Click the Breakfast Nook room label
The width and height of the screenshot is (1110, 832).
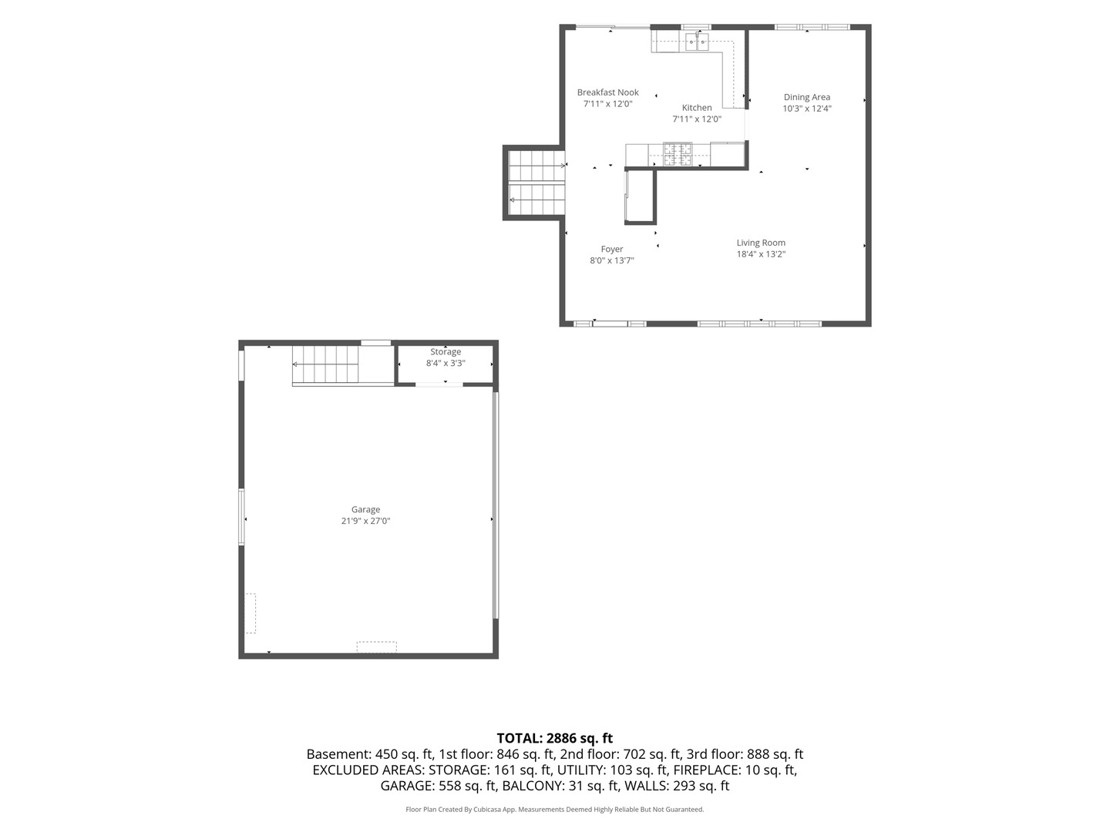point(608,92)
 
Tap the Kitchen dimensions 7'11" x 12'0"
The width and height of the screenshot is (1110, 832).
point(696,119)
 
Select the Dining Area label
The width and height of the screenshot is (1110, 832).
point(806,97)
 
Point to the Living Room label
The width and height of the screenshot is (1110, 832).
point(761,243)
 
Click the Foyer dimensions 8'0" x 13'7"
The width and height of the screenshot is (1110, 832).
point(611,260)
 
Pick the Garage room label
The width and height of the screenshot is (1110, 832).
point(365,510)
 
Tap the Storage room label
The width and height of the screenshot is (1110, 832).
point(445,351)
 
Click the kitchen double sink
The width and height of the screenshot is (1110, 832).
point(698,42)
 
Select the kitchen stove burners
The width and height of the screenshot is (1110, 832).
point(677,154)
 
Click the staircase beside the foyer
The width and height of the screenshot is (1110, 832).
point(536,183)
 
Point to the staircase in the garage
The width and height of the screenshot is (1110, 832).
point(325,364)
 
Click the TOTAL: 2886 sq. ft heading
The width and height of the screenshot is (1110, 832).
point(555,738)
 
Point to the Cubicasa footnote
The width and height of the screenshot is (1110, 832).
point(555,809)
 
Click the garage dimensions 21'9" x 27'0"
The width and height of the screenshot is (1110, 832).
point(365,521)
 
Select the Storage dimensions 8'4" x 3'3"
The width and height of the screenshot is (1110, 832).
point(445,363)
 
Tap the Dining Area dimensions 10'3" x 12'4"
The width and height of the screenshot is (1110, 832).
point(806,109)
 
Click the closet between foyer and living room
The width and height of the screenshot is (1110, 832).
point(640,196)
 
